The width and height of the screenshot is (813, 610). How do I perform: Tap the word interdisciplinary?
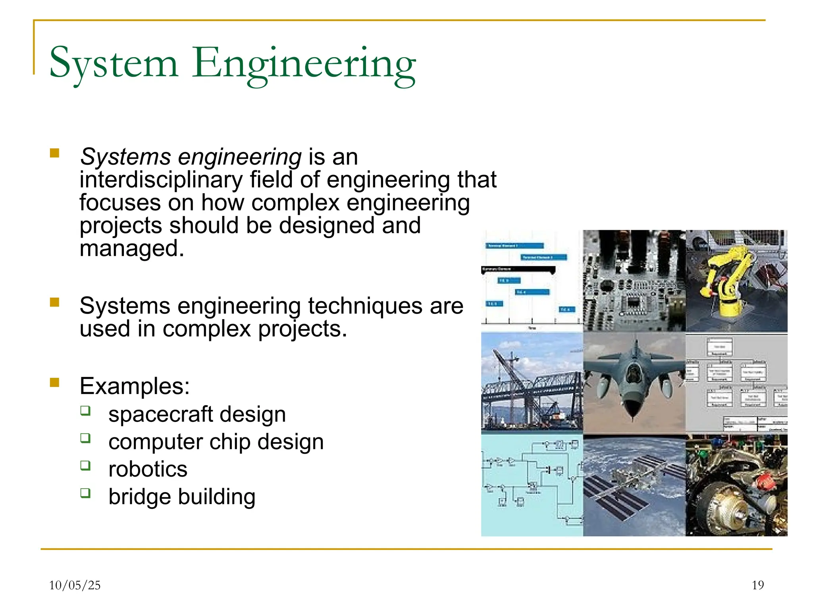pos(161,180)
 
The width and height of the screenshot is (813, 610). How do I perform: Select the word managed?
pos(132,249)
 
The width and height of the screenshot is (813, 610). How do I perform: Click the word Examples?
pos(134,386)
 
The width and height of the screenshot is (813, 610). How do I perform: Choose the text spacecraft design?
pos(197,414)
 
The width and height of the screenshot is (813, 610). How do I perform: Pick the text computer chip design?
pos(216,442)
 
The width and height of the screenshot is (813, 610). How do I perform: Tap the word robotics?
pos(148,470)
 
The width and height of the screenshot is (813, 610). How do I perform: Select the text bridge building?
pos(182,497)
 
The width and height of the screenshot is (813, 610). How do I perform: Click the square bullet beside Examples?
pos(55,383)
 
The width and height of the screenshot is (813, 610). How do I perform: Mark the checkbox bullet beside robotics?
pos(85,466)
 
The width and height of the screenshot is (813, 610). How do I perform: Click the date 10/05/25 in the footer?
pos(75,585)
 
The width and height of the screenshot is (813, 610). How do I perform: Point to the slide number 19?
pos(758,585)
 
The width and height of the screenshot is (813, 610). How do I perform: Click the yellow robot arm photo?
pos(736,281)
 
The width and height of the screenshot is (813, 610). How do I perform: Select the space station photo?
pos(634,485)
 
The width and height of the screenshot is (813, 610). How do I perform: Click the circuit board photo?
pos(634,281)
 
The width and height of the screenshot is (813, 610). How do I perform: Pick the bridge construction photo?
pos(532,383)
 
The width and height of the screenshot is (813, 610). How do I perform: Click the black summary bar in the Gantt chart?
pos(518,269)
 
